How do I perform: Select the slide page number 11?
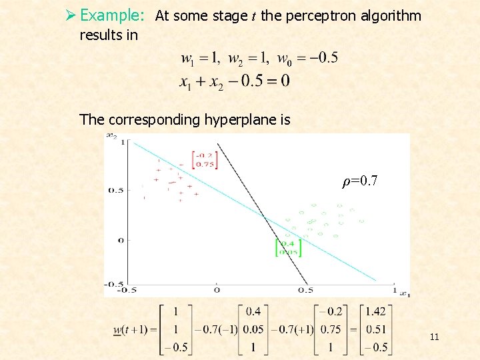[x=434, y=337]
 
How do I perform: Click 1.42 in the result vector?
[x=376, y=311]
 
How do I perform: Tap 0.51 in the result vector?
[x=376, y=329]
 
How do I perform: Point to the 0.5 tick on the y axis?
[x=115, y=190]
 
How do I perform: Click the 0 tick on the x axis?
[x=217, y=289]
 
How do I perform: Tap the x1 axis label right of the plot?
[x=404, y=293]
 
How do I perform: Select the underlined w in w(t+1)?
[x=117, y=329]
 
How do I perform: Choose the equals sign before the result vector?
[x=351, y=329]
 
